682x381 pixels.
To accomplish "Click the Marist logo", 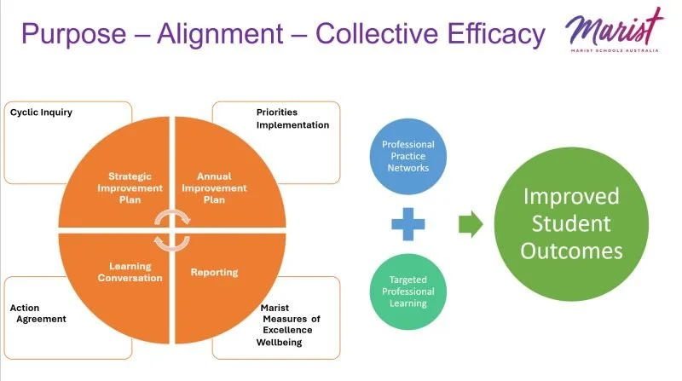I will point(614,27).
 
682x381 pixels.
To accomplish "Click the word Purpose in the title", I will point(72,34).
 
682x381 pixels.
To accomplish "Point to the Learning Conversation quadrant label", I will point(130,271).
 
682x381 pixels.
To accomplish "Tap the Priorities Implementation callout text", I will point(292,118).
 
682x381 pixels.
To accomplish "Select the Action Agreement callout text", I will point(38,313).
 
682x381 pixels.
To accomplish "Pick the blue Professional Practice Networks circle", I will point(408,156).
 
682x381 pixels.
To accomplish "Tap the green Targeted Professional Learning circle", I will point(408,292).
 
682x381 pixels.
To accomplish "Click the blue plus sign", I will point(408,225).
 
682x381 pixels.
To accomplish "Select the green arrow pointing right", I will point(471,225).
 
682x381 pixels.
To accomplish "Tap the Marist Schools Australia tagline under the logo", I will point(614,51).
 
